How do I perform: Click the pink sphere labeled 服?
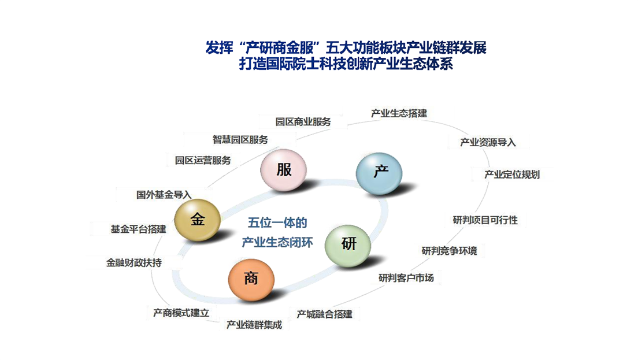pyautogui.click(x=284, y=170)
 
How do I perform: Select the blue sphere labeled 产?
pyautogui.click(x=379, y=173)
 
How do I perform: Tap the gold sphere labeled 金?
pyautogui.click(x=198, y=220)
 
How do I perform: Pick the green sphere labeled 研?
pyautogui.click(x=348, y=245)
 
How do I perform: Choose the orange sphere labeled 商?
pyautogui.click(x=251, y=280)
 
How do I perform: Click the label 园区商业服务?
pyautogui.click(x=303, y=121)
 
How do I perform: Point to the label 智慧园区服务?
pyautogui.click(x=240, y=139)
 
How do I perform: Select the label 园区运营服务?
pyautogui.click(x=203, y=160)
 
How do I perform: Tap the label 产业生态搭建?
pyautogui.click(x=399, y=113)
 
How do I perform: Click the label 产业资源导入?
pyautogui.click(x=488, y=142)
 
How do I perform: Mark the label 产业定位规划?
pyautogui.click(x=512, y=175)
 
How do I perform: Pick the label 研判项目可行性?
pyautogui.click(x=485, y=220)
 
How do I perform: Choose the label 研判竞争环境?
pyautogui.click(x=449, y=251)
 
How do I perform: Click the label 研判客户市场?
pyautogui.click(x=406, y=278)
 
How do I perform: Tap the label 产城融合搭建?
pyautogui.click(x=325, y=314)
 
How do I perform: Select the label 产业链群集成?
pyautogui.click(x=254, y=325)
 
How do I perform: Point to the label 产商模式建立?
pyautogui.click(x=181, y=313)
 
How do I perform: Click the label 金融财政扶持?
pyautogui.click(x=134, y=263)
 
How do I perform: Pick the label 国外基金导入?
pyautogui.click(x=164, y=195)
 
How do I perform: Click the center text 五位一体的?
pyautogui.click(x=277, y=222)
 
